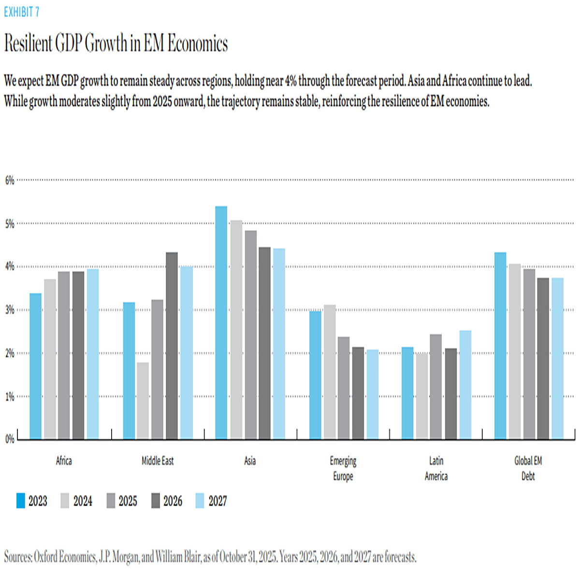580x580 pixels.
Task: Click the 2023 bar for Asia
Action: [221, 323]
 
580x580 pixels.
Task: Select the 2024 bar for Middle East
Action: [143, 401]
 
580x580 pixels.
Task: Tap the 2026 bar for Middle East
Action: [172, 346]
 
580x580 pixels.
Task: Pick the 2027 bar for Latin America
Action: [465, 385]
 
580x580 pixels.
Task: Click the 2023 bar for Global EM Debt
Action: [500, 346]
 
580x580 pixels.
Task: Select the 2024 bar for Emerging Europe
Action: [330, 372]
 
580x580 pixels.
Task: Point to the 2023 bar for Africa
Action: [35, 366]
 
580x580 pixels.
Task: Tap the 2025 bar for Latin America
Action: [435, 387]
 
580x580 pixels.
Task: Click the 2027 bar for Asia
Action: [279, 344]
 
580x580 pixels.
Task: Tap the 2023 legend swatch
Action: [20, 501]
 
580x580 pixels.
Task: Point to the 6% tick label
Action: [10, 180]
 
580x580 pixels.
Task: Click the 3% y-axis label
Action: [10, 310]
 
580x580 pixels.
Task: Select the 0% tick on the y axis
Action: [10, 439]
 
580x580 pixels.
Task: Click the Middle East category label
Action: [158, 461]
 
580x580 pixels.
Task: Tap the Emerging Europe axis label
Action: [343, 468]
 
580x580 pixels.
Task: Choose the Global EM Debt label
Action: [528, 468]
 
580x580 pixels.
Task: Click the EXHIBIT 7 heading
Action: [22, 12]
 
